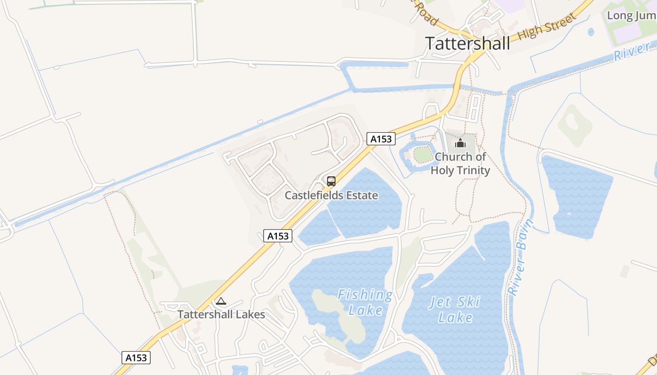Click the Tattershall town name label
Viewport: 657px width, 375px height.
467,43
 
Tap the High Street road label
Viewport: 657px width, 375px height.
547,27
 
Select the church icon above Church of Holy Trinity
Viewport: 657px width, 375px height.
460,142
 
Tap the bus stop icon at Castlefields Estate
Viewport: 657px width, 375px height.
331,181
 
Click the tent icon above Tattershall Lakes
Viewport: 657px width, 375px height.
221,301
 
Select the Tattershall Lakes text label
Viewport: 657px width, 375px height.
221,314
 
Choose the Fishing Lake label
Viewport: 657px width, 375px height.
365,302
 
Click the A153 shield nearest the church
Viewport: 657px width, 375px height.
381,139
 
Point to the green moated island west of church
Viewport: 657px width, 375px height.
423,155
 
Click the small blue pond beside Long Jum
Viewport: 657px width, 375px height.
591,32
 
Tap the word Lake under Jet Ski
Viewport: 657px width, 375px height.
455,317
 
